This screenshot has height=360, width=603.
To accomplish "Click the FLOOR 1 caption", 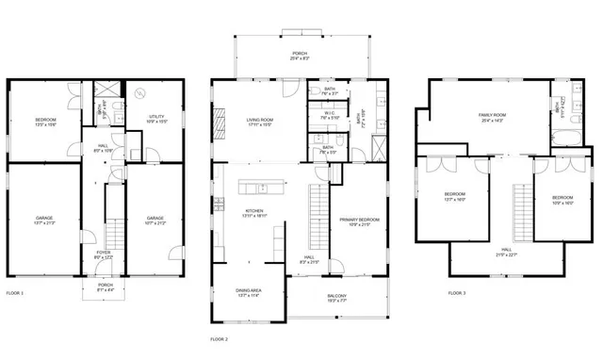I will pos(15,293).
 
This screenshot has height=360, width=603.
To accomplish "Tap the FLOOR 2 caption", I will pos(219,338).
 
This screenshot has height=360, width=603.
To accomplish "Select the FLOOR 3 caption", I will pos(457,293).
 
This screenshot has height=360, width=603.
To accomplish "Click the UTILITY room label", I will pos(157,120).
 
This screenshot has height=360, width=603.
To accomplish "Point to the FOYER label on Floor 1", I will pos(102,254).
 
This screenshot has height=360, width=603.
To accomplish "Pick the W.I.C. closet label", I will pos(329,117).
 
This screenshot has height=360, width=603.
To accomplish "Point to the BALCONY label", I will pos(336,299).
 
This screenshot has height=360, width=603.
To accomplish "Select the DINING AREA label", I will pos(250,293).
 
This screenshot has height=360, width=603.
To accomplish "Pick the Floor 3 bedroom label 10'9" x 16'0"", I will pos(562,199).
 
